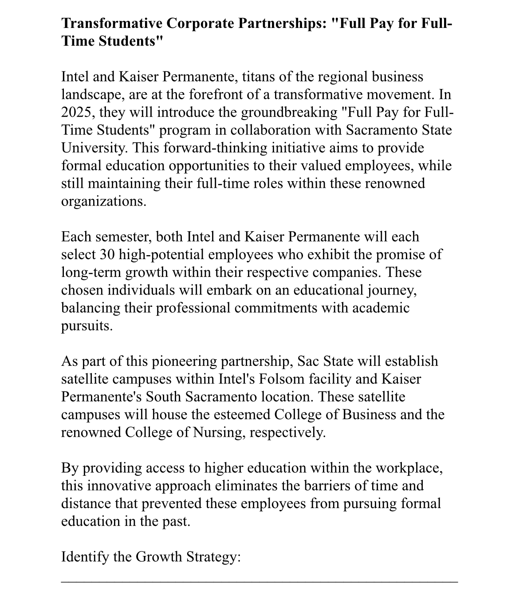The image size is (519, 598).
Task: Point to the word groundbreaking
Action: pyautogui.click(x=289, y=112)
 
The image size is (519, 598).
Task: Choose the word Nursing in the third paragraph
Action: pyautogui.click(x=217, y=432)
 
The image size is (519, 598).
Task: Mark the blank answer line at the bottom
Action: pyautogui.click(x=259, y=582)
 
